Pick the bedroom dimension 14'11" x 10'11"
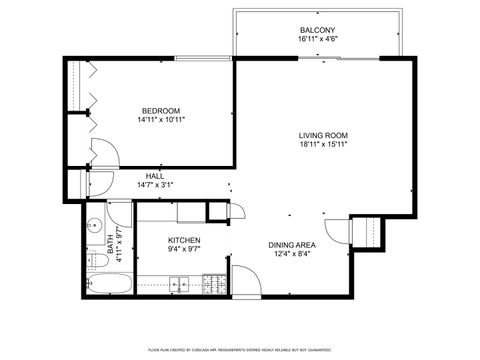click(161, 119)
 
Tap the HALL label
click(155, 175)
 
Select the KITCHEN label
click(184, 240)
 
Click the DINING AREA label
click(292, 244)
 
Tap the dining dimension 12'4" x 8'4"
click(292, 255)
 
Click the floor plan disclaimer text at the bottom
click(240, 349)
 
